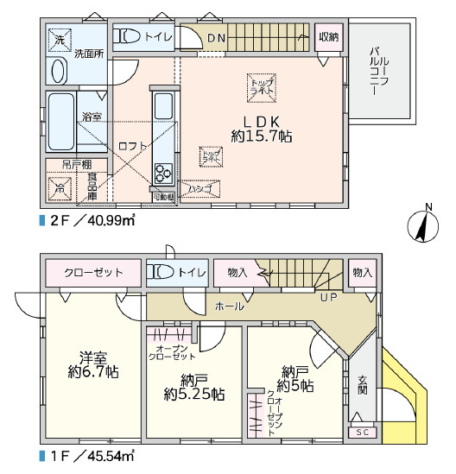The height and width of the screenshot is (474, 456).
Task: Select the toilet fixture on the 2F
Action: coord(130,36)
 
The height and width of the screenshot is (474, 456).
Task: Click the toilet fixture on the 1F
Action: coord(162,272)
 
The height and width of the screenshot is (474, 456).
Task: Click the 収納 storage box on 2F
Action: coord(327,36)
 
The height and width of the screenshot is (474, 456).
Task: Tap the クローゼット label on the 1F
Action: coord(93,273)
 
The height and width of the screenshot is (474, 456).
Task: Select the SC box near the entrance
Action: coord(361,431)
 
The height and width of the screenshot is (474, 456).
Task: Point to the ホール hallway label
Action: coord(229,307)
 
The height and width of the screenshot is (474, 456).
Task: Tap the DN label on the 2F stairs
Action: coord(216,37)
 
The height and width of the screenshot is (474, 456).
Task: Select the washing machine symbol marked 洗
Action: coord(60,40)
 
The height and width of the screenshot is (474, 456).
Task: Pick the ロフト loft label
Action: coord(132,146)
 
